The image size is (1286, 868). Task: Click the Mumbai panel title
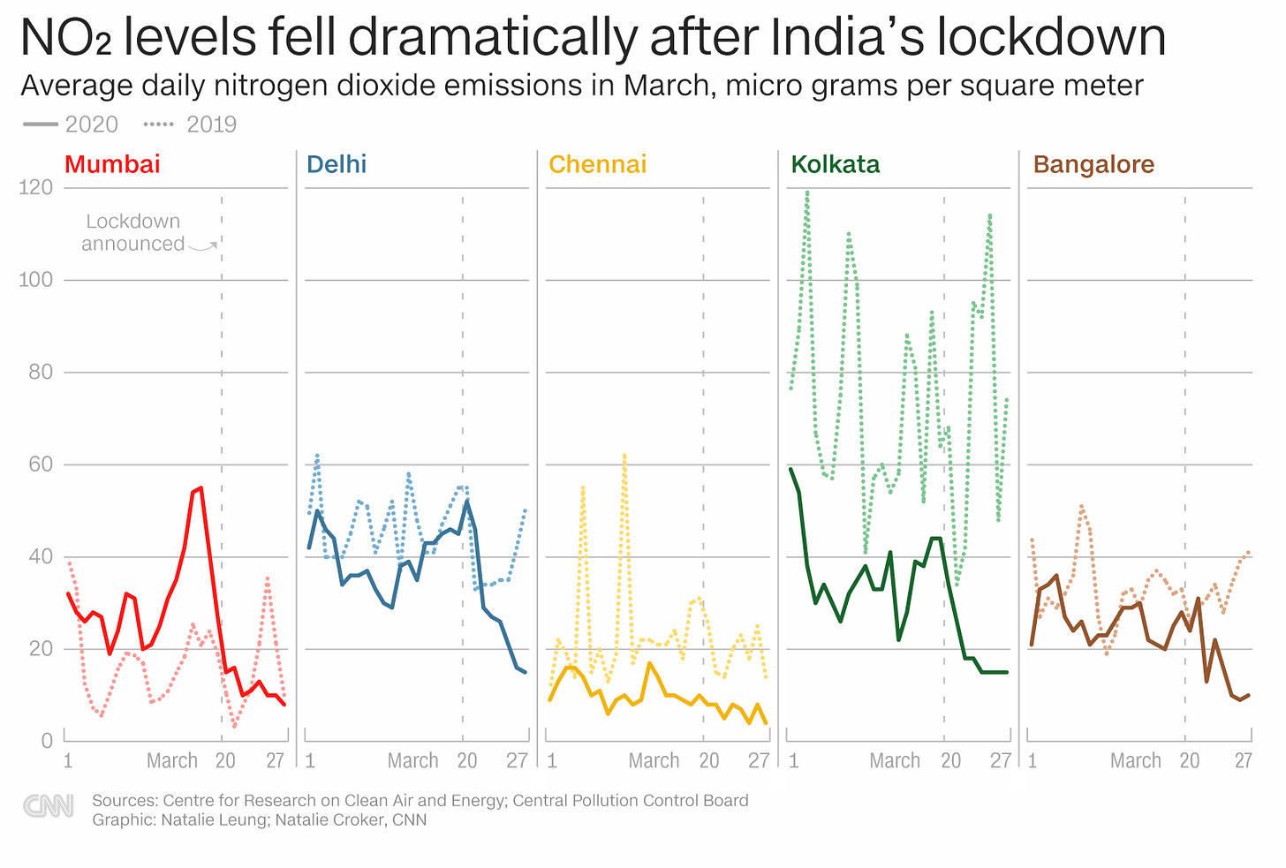(x=112, y=164)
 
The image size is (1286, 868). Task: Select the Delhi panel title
(x=336, y=164)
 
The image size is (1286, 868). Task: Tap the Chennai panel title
(x=597, y=164)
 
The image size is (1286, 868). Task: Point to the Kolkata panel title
(x=835, y=164)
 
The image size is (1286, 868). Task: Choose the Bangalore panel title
(x=1093, y=164)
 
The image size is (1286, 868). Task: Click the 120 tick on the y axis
(x=35, y=187)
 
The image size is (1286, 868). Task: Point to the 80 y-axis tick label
(x=41, y=372)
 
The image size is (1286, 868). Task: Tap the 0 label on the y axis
(x=47, y=741)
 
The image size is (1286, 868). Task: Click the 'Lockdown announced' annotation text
(x=132, y=232)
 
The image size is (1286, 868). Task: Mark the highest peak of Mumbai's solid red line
(x=200, y=487)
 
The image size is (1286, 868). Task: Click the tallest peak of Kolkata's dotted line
(x=806, y=192)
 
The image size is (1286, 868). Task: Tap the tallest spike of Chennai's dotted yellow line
(x=624, y=456)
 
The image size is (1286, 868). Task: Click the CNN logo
(x=49, y=806)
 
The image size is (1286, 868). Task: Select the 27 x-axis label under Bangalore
(x=1243, y=760)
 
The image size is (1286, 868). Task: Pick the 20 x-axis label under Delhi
(x=466, y=760)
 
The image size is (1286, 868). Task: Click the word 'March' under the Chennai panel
(x=654, y=760)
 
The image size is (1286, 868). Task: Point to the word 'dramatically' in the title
(x=493, y=37)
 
